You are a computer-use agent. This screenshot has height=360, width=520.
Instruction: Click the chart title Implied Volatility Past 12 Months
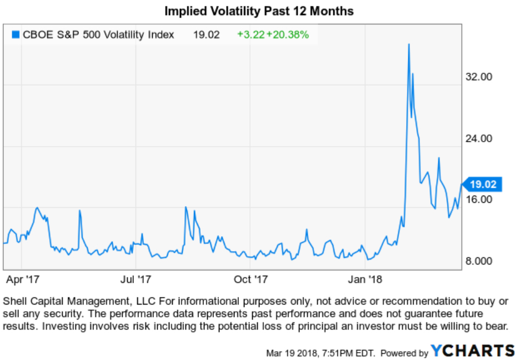pos(259,11)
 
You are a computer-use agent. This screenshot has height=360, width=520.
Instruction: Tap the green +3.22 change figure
pos(249,34)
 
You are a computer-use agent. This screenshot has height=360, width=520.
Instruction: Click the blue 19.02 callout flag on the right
pos(482,184)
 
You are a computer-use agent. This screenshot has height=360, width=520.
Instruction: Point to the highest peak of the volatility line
pos(409,44)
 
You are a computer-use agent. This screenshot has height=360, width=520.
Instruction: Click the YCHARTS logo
pos(473,351)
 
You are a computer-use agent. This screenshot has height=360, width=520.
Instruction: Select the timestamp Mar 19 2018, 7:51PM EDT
pos(321,353)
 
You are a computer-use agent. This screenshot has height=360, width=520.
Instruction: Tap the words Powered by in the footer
pos(403,353)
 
